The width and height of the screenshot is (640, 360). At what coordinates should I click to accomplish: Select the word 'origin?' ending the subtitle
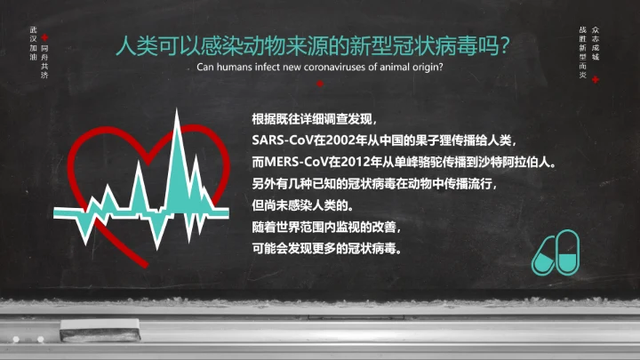pos(426,68)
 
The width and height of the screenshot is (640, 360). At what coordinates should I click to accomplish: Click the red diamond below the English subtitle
pos(319,84)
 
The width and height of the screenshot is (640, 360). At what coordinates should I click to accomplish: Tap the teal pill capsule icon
pos(556,252)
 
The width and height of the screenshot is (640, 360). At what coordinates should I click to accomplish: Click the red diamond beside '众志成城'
pos(596,79)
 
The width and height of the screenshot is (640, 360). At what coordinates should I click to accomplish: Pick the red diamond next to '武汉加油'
pos(45,38)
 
